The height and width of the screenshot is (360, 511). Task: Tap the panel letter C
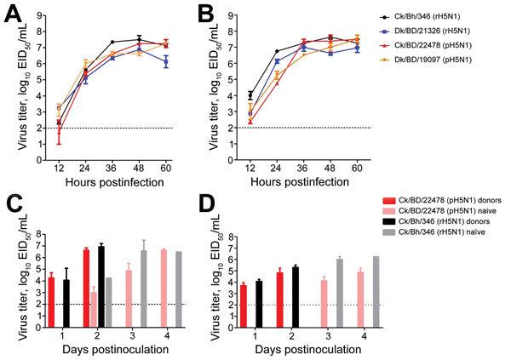click(11, 203)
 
